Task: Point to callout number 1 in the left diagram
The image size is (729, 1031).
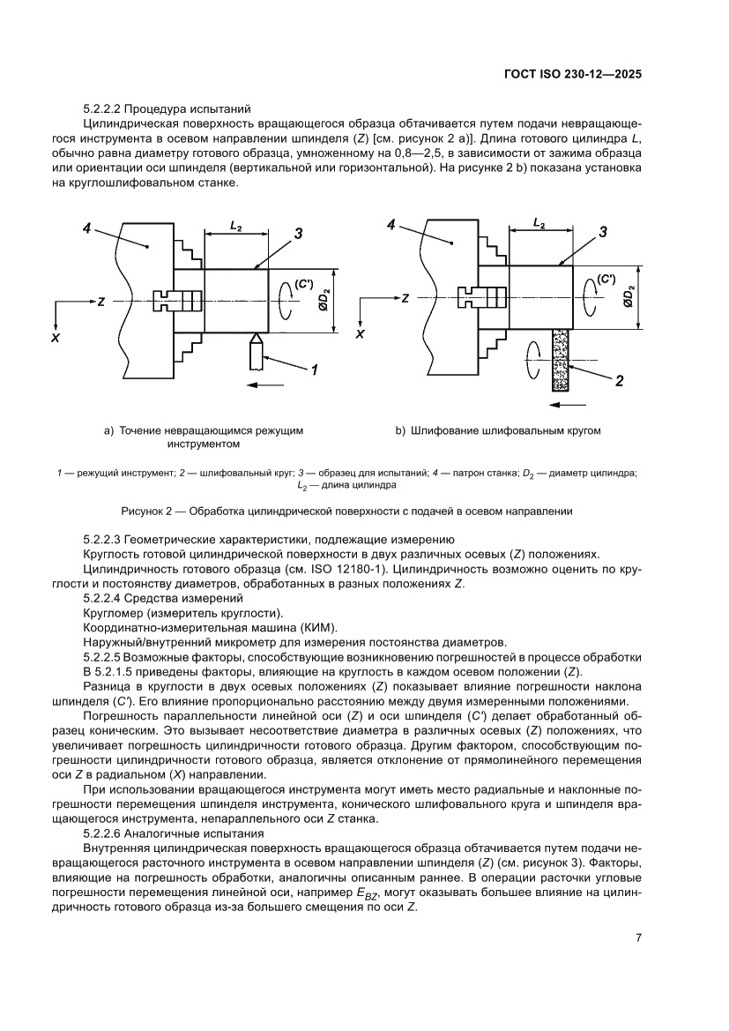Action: [312, 371]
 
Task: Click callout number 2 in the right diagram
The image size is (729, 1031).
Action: [619, 381]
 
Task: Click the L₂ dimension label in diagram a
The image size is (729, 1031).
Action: [236, 227]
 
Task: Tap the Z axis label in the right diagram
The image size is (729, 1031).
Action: [405, 300]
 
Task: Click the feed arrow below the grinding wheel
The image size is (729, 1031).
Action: [564, 405]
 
